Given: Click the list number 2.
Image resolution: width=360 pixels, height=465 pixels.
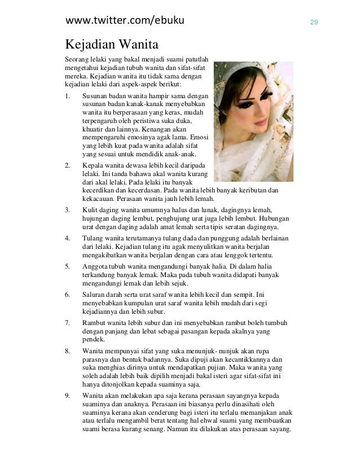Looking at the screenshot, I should click(68, 165).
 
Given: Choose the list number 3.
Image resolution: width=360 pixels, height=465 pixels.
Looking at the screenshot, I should click(68, 210).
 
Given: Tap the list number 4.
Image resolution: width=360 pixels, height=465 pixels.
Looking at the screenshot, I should click(68, 238).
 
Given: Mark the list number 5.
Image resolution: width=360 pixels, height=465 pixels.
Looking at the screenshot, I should click(68, 266).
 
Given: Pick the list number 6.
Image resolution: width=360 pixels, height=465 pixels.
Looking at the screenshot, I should click(68, 294).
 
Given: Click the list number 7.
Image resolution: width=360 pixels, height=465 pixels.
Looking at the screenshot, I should click(68, 322).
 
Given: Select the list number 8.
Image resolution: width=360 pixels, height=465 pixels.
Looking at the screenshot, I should click(68, 350).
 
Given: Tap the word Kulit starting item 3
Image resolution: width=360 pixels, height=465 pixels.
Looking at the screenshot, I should click(91, 210).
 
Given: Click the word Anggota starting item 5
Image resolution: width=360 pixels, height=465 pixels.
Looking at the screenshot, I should click(96, 266).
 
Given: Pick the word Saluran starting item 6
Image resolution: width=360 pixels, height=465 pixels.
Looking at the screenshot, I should click(95, 294).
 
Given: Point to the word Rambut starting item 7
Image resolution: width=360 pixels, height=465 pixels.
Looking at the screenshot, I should click(95, 322).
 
